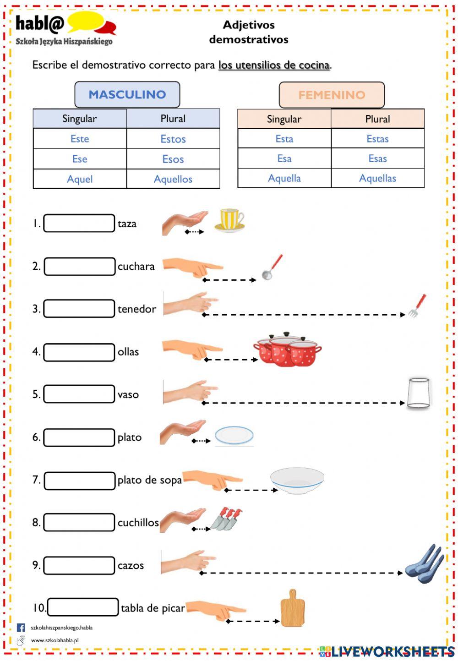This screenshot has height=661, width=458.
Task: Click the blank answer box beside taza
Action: pyautogui.click(x=79, y=223)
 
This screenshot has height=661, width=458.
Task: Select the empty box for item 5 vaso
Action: pyautogui.click(x=79, y=393)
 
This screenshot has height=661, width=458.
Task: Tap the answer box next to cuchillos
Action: pyautogui.click(x=79, y=522)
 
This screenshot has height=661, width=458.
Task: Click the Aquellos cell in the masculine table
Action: pyautogui.click(x=173, y=179)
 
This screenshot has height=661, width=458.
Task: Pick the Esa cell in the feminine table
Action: pyautogui.click(x=284, y=158)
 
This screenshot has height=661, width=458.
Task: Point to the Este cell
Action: pyautogui.click(x=80, y=138)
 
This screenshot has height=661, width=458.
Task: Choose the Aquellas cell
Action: pyautogui.click(x=377, y=178)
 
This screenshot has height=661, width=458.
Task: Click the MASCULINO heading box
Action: pyautogui.click(x=127, y=94)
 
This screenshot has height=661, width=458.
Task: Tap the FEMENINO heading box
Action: pyautogui.click(x=332, y=95)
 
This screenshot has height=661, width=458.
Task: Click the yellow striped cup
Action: pyautogui.click(x=229, y=220)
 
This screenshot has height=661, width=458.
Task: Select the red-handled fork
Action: pyautogui.click(x=418, y=306)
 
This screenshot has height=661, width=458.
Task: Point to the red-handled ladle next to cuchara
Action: pyautogui.click(x=272, y=267)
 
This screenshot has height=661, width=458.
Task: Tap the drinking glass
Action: pyautogui.click(x=418, y=393)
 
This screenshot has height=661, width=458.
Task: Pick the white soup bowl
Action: pyautogui.click(x=297, y=481)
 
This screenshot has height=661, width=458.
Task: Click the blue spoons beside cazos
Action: pyautogui.click(x=424, y=564)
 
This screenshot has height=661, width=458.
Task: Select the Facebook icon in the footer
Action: pyautogui.click(x=21, y=628)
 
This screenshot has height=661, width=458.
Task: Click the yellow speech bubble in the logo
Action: pyautogui.click(x=86, y=22)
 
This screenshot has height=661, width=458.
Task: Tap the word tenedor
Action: pyautogui.click(x=136, y=309)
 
